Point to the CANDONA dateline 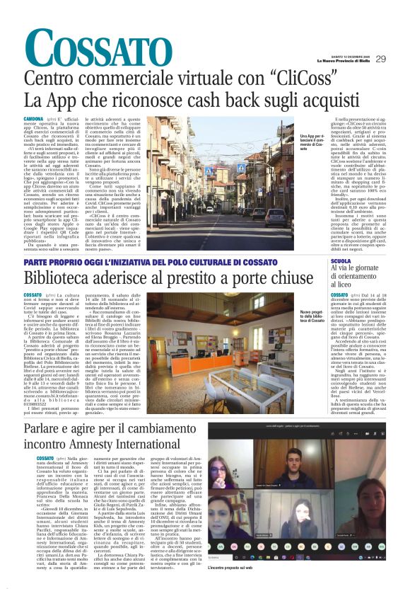pos(33,119)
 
